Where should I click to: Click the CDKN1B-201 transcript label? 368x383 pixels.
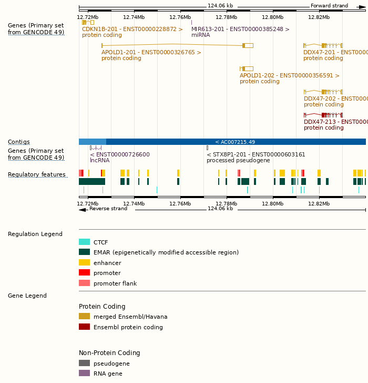coord(132,30)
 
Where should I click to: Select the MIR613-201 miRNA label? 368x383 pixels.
coord(240,30)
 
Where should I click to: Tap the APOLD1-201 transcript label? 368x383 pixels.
coord(151,53)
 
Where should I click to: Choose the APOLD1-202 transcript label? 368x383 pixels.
coord(289,76)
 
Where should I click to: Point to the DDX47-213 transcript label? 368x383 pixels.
coord(335,122)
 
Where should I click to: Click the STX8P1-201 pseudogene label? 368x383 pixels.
coord(255,155)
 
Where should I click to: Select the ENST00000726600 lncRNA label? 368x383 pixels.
coord(120,155)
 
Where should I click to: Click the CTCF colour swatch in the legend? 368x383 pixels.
coord(84,242)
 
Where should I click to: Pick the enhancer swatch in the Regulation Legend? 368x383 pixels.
coord(84,262)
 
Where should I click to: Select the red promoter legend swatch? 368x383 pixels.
coord(84,273)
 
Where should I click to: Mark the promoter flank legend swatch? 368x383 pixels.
coord(84,283)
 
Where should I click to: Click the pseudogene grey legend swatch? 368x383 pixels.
coord(84,364)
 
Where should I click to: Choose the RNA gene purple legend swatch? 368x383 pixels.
coord(84,373)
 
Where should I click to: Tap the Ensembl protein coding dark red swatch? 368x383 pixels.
coord(84,327)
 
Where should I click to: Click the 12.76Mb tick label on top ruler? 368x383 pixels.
coord(180,17)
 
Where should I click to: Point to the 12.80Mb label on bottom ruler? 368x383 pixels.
coord(272,204)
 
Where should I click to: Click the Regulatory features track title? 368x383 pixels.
coord(37,175)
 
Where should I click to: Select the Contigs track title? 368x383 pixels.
coord(19,142)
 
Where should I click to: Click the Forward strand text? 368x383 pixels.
coord(329,6)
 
